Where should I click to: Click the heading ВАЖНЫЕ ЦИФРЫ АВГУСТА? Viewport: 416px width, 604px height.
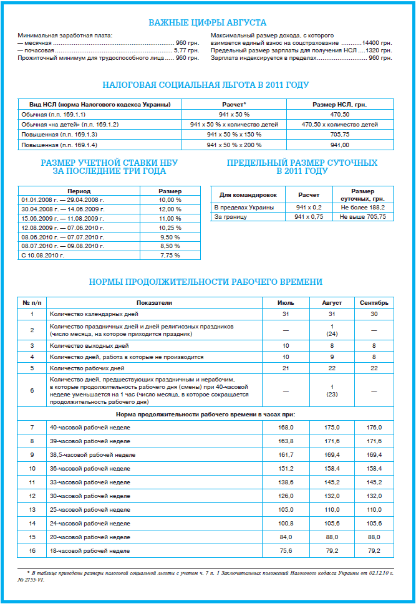point(208,23)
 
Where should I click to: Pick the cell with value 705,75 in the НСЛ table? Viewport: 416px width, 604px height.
point(340,134)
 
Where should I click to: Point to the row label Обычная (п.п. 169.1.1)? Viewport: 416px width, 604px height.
point(55,114)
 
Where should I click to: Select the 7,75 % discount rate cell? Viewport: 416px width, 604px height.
point(170,255)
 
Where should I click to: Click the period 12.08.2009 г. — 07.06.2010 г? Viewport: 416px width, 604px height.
point(62,228)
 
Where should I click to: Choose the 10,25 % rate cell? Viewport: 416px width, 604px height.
point(170,228)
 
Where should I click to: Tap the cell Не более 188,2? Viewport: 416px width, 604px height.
point(362,207)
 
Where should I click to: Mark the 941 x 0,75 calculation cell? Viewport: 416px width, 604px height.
point(309,216)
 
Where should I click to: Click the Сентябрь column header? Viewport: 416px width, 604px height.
point(374,302)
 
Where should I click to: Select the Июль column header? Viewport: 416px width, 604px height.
point(286,302)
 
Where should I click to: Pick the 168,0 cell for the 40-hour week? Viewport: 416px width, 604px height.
point(286,427)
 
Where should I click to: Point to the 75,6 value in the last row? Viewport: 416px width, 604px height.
point(286,550)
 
